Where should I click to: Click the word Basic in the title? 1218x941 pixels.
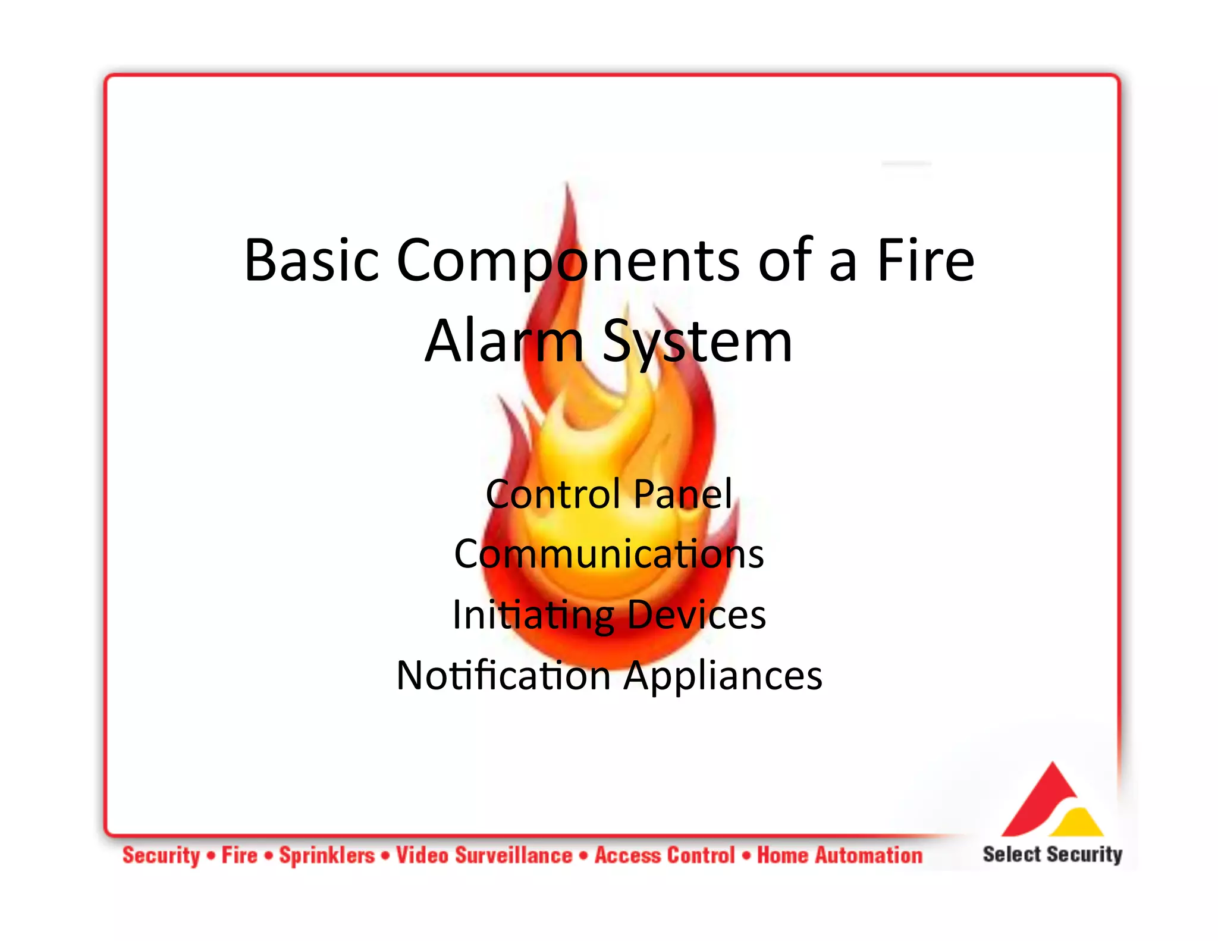pyautogui.click(x=311, y=260)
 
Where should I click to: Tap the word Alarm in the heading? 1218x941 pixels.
pyautogui.click(x=504, y=341)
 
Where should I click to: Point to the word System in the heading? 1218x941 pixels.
pyautogui.click(x=697, y=342)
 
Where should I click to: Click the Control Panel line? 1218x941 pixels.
pyautogui.click(x=609, y=494)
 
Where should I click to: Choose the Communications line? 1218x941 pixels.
pyautogui.click(x=609, y=554)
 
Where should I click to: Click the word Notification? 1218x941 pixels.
pyautogui.click(x=503, y=676)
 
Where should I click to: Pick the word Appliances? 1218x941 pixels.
pyautogui.click(x=723, y=676)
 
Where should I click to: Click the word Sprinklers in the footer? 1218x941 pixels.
pyautogui.click(x=327, y=855)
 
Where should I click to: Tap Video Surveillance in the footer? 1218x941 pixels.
pyautogui.click(x=484, y=855)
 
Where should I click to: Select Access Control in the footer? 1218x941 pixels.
pyautogui.click(x=665, y=855)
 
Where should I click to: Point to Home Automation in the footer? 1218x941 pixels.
pyautogui.click(x=840, y=855)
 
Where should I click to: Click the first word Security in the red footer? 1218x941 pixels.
pyautogui.click(x=161, y=855)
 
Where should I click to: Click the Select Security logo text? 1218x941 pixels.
pyautogui.click(x=1052, y=854)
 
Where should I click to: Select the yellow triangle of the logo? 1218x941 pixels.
pyautogui.click(x=1078, y=823)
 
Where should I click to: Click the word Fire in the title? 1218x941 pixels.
pyautogui.click(x=925, y=260)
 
